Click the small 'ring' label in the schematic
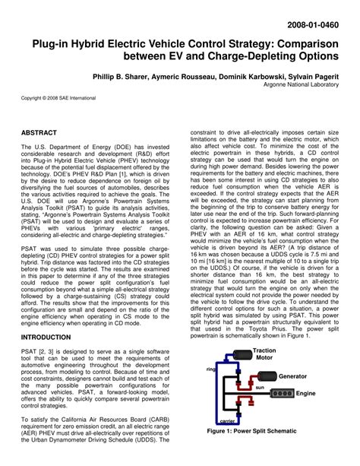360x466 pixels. (212, 369)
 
